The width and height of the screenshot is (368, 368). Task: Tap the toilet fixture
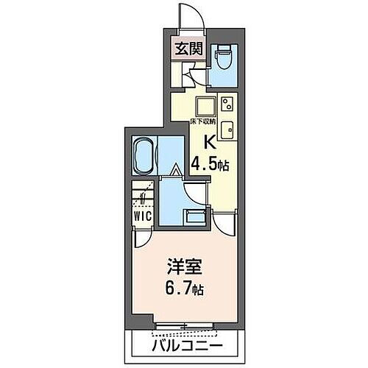coord(222,55)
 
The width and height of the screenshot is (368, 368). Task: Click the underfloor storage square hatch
coord(205,103)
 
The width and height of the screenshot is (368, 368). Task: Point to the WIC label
coord(143,216)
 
